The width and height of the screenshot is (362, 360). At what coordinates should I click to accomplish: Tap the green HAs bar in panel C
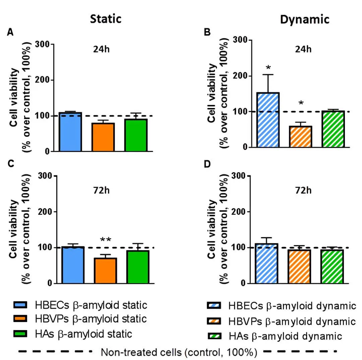[x=137, y=267]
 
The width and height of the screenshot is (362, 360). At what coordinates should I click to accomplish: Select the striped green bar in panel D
[x=333, y=266]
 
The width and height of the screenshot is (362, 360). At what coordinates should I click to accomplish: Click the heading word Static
[x=106, y=19]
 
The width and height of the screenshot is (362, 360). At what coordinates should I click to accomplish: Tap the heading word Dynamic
[x=305, y=20]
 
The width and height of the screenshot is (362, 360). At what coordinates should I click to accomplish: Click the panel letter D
[x=207, y=165]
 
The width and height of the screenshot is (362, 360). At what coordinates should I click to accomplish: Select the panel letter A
[x=11, y=33]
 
